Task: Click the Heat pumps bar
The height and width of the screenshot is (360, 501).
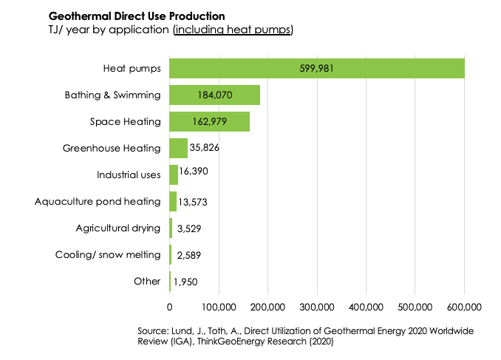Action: [316, 68]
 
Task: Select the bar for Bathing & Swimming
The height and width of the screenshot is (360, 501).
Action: [214, 95]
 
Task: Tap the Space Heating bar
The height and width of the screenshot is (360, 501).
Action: [209, 121]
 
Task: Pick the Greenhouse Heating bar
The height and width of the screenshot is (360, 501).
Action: [178, 148]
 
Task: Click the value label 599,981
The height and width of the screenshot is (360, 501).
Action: [317, 68]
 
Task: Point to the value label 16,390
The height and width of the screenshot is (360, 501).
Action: [196, 174]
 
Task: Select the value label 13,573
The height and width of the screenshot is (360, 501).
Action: [194, 201]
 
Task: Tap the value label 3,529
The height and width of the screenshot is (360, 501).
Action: [188, 228]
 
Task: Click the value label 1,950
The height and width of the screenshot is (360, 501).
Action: [187, 282]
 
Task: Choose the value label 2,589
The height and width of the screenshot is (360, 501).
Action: [188, 255]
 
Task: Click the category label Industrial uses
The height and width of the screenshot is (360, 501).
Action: [129, 174]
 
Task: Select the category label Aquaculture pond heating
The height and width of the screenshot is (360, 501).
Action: [98, 201]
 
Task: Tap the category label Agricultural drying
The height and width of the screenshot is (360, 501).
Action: [118, 228]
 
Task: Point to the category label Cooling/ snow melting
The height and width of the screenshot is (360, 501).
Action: [108, 254]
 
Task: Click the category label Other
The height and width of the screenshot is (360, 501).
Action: [147, 281]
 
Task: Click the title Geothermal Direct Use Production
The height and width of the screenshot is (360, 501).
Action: [137, 16]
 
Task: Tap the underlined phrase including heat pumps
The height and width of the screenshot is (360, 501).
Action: [234, 30]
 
